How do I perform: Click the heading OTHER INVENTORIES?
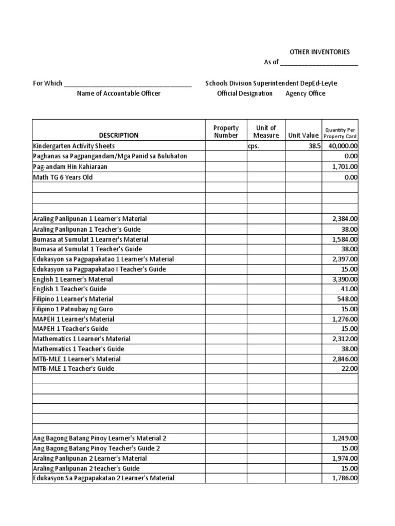(319, 52)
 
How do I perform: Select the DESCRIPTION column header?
(119, 136)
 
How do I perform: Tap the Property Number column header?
(226, 131)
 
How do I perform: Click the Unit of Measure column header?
(266, 131)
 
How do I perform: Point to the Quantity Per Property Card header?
(340, 133)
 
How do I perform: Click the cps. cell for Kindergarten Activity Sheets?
(255, 146)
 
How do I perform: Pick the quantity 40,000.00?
(340, 146)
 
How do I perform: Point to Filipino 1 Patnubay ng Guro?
(73, 309)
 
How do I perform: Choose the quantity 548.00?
(349, 299)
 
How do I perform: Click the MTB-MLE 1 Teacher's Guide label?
(74, 369)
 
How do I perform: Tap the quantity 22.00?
(350, 369)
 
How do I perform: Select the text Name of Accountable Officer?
(118, 93)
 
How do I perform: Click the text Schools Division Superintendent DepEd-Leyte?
(271, 83)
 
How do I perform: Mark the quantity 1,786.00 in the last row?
(345, 478)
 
